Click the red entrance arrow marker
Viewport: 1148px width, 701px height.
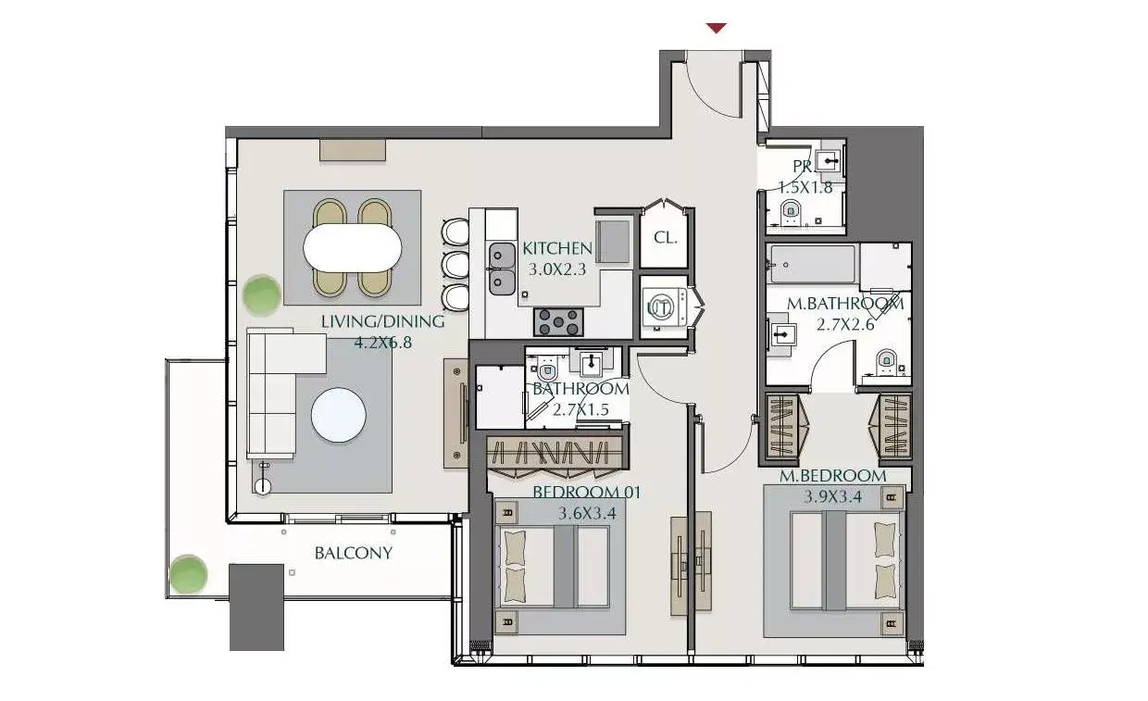tap(716, 28)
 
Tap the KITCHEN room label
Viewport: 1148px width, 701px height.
tap(557, 249)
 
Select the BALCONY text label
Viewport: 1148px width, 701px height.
tap(354, 553)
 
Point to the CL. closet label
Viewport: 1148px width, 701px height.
tap(666, 237)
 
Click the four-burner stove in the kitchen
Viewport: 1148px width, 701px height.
tap(558, 321)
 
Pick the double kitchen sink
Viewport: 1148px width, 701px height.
tap(502, 269)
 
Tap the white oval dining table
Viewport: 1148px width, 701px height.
tap(353, 248)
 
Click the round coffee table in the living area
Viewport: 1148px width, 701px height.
tap(338, 415)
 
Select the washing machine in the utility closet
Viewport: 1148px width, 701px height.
tap(665, 307)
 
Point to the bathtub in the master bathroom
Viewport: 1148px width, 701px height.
tap(813, 264)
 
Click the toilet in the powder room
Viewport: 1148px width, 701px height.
tap(791, 211)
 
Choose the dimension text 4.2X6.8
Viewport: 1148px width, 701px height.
tap(383, 343)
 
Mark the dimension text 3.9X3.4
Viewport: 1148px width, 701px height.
tap(832, 497)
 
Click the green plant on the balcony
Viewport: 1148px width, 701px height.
tap(188, 574)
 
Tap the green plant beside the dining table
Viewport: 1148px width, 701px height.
tap(261, 294)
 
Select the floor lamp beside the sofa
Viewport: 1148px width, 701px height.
tap(263, 479)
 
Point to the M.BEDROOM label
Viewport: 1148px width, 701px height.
tap(833, 476)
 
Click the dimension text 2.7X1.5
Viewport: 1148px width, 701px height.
tap(580, 409)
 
